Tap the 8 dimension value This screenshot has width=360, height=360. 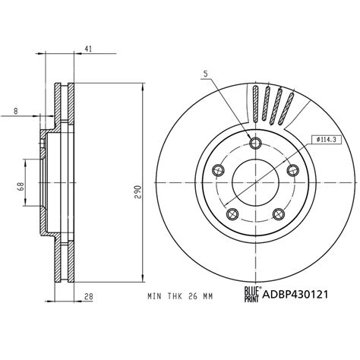[15, 111]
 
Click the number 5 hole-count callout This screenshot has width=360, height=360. [205, 74]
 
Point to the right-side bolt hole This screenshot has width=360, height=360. [292, 169]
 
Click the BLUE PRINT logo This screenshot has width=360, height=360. [250, 294]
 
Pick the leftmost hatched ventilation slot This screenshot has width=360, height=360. [255, 104]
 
